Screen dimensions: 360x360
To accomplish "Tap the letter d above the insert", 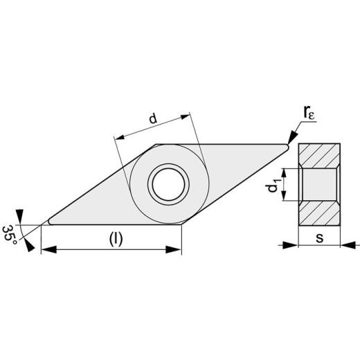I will coord(152,119).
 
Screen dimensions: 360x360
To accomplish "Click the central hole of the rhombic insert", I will coord(168,183).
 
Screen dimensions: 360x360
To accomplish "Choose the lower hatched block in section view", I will coord(319,213).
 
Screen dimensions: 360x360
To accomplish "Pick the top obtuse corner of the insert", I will coord(156,144).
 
